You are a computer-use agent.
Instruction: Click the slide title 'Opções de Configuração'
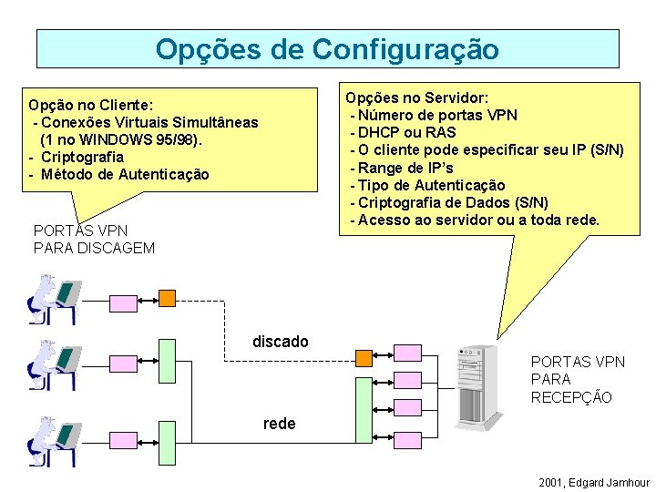(327, 48)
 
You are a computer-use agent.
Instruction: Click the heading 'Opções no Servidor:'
(416, 97)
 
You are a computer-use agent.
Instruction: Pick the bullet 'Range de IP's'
(405, 168)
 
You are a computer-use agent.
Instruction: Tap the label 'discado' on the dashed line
(280, 342)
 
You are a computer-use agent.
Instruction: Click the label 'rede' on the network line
(279, 424)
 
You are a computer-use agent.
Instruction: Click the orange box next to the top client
(167, 297)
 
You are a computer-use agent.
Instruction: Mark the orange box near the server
(364, 356)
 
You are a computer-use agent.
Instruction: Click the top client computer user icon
(52, 298)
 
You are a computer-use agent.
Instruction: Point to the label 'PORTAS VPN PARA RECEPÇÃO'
(578, 379)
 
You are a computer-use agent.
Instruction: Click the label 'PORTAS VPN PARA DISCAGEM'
(94, 240)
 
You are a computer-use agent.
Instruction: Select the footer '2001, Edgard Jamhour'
(594, 482)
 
